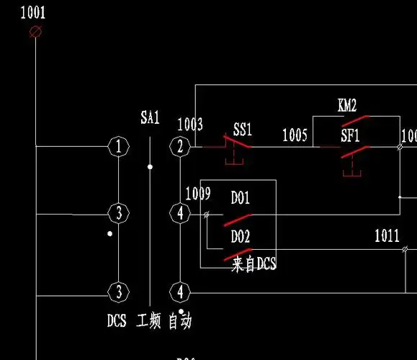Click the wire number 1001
point(33,12)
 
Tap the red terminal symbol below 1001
point(34,32)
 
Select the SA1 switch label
point(150,119)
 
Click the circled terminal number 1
point(118,147)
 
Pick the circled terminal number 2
point(179,147)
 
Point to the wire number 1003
point(190,125)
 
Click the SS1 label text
point(243,130)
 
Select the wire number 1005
point(295,135)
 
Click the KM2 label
point(347,106)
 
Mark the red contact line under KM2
point(356,120)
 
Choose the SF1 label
point(350,135)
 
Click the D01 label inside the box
point(240,197)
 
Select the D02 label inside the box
point(240,236)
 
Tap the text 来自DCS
point(254,265)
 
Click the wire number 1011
point(387,235)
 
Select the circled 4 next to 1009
point(179,214)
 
